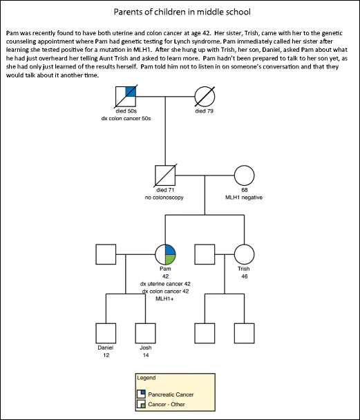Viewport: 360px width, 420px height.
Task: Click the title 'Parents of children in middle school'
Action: point(180,12)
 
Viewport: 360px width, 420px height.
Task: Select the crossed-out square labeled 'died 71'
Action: point(165,175)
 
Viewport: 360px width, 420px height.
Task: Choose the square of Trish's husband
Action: point(205,254)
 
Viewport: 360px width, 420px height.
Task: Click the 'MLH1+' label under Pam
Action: point(165,299)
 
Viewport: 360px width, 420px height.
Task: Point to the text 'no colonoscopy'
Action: point(165,198)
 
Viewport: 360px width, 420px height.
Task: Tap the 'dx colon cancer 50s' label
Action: point(126,119)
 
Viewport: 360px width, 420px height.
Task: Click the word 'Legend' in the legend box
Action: point(146,379)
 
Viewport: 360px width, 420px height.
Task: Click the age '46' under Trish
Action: point(243,276)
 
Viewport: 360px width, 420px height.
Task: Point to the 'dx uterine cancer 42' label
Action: point(165,284)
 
